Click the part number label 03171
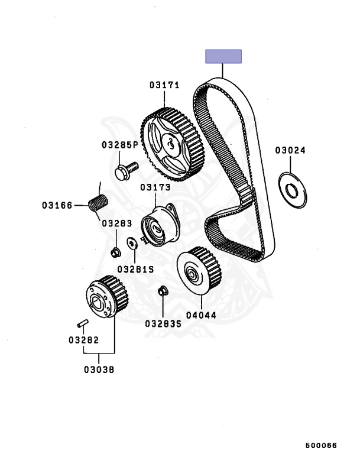[164, 85]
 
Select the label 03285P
[119, 144]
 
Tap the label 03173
[155, 187]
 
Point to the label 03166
[57, 206]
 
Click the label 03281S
[135, 268]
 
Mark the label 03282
[83, 340]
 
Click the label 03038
[99, 370]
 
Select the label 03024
[290, 150]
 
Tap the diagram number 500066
[321, 445]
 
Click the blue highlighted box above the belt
[223, 57]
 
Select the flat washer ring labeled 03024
[291, 190]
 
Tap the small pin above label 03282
[83, 323]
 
